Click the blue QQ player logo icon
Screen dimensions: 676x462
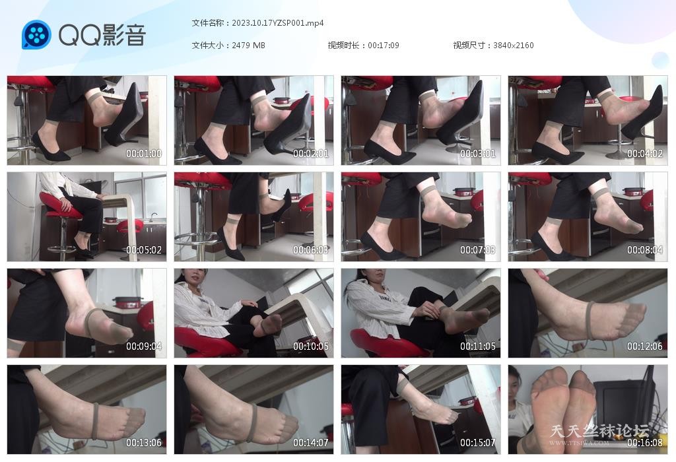[x=37, y=34]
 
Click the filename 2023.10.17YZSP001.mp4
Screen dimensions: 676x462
[x=278, y=23]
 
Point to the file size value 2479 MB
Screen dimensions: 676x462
[x=248, y=46]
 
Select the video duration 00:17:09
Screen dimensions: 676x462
[x=384, y=46]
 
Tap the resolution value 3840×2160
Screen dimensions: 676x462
[x=514, y=46]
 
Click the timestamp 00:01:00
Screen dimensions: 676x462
[x=144, y=153]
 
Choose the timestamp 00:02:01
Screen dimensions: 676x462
[x=311, y=153]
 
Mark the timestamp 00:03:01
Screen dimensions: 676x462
[x=478, y=153]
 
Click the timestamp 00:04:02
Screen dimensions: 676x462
[x=645, y=153]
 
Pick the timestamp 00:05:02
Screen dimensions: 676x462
[x=144, y=250]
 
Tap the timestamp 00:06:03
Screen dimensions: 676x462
[x=311, y=250]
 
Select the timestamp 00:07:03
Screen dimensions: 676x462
[x=478, y=250]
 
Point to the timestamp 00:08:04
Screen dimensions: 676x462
[x=645, y=250]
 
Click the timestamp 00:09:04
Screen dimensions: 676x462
[x=144, y=346]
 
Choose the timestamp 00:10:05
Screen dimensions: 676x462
[x=311, y=346]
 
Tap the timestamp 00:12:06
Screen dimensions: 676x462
[x=645, y=346]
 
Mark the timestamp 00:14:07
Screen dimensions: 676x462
[x=311, y=443]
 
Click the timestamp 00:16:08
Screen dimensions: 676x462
[x=645, y=443]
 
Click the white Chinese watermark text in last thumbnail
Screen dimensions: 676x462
[x=599, y=431]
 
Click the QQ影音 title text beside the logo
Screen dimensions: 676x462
[x=102, y=35]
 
